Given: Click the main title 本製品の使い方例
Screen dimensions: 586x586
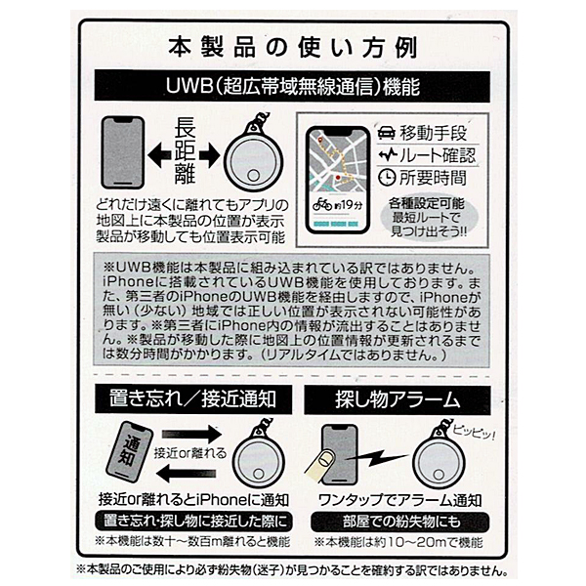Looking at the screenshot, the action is click(293, 48).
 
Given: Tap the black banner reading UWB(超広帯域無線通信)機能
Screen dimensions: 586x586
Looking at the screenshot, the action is click(292, 86).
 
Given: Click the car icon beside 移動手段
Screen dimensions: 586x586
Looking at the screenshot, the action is click(387, 133).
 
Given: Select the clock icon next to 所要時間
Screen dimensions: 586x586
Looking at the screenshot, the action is click(387, 178).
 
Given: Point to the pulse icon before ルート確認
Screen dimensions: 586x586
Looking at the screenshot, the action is click(388, 155).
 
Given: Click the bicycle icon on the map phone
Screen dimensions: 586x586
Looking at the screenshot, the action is click(321, 204).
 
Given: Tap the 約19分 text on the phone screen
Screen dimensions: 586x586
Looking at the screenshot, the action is click(348, 205).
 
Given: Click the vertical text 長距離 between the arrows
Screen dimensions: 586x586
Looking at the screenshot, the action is click(186, 152).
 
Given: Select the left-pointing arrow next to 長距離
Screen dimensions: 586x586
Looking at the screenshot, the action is click(159, 154).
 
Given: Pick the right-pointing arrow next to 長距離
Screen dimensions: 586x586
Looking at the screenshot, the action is click(209, 154).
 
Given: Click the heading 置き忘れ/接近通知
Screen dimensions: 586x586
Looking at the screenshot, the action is click(193, 399).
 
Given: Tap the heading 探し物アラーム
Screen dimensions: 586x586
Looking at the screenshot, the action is click(398, 399).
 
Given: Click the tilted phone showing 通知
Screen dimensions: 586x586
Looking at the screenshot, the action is click(129, 452).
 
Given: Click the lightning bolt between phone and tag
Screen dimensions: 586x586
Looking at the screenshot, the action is click(377, 458).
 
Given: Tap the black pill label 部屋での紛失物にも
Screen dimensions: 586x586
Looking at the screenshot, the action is click(399, 522).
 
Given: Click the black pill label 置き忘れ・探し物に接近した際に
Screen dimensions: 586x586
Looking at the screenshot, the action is click(193, 522).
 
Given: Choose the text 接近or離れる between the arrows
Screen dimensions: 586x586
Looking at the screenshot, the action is click(190, 453).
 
